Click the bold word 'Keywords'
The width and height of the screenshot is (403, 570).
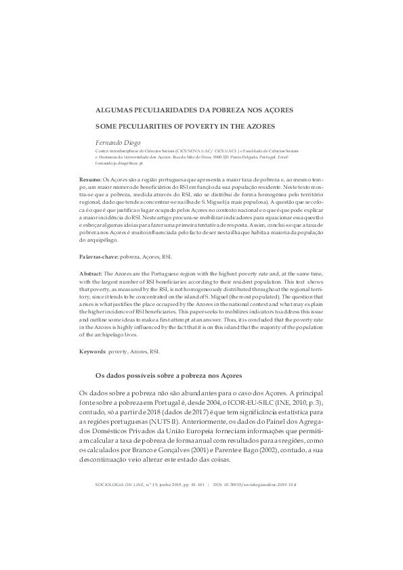tap(92, 352)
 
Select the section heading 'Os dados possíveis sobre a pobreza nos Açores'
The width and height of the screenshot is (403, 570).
tap(168, 375)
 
